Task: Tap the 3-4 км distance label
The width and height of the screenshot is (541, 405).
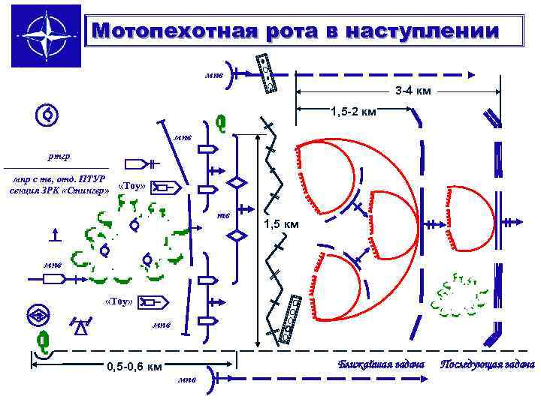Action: click(x=413, y=91)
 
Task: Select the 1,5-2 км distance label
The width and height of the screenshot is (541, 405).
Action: click(x=353, y=112)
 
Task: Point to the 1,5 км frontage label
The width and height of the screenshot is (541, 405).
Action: click(x=282, y=224)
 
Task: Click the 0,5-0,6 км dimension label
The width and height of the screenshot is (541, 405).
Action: click(x=134, y=367)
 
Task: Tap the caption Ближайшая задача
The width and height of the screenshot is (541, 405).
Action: click(x=381, y=364)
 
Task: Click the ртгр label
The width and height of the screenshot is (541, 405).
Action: click(x=58, y=157)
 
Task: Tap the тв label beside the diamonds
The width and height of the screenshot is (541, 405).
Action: click(x=223, y=215)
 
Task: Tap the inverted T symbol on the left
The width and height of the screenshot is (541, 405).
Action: click(x=55, y=235)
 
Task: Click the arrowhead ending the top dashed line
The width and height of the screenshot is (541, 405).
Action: click(x=471, y=74)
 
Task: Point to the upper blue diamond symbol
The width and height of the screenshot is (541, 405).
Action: click(x=237, y=184)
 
